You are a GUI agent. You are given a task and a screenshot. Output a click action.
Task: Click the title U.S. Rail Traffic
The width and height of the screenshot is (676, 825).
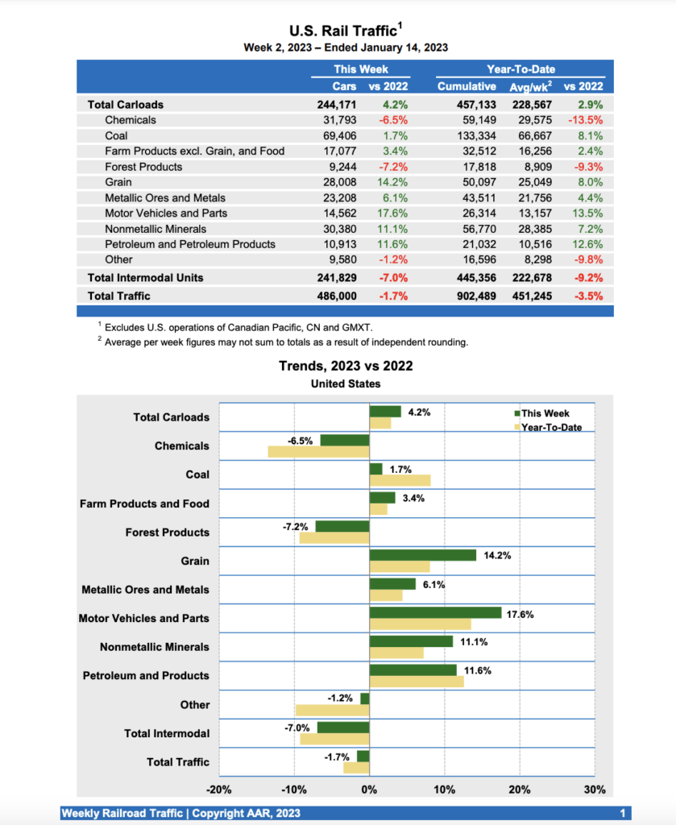[x=343, y=31]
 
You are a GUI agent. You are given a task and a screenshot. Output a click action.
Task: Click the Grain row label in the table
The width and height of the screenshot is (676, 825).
[x=119, y=182]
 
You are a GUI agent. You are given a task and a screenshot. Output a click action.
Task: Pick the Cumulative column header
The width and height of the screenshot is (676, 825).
[x=467, y=86]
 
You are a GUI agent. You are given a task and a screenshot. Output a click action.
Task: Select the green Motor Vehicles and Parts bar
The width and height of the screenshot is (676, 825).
[x=435, y=612]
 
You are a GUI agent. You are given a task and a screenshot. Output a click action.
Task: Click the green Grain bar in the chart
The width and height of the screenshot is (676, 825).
[x=422, y=555]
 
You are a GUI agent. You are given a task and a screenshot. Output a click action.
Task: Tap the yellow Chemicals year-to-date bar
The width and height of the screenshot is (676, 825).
[x=318, y=452]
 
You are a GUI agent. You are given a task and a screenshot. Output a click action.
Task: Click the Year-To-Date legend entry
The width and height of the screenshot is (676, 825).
[x=551, y=427]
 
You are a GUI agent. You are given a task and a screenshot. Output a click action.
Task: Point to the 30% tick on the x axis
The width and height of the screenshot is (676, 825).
[x=595, y=790]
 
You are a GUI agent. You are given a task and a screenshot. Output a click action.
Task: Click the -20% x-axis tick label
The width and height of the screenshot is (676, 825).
[x=219, y=790]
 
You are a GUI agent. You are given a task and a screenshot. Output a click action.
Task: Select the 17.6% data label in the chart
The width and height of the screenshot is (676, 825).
[x=520, y=614]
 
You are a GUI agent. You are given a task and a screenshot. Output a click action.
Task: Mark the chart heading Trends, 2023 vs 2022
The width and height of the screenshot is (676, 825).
[x=346, y=366]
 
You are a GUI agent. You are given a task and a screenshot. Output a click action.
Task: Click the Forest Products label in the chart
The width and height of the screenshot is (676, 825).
[x=167, y=533]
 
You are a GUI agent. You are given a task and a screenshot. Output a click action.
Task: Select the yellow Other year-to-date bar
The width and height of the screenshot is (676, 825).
[x=332, y=711]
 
